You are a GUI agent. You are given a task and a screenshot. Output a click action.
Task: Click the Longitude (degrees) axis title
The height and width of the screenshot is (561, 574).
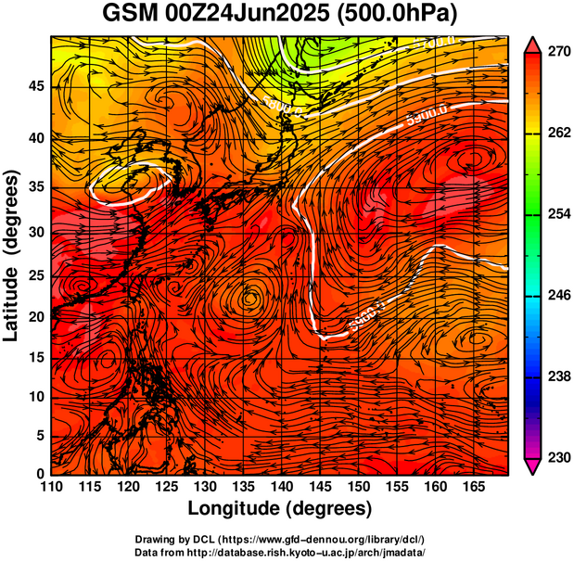pos(280,508)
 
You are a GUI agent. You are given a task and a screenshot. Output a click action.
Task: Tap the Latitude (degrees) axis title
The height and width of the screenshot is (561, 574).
pos(12,255)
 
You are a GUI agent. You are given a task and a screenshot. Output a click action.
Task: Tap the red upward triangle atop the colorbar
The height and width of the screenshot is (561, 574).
pos(534,44)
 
